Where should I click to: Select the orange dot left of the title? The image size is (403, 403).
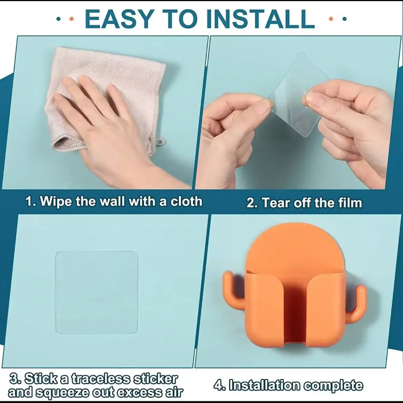tap(71, 19)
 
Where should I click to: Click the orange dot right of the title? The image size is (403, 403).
tap(331, 19)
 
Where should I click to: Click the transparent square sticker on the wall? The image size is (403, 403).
tap(97, 292)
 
